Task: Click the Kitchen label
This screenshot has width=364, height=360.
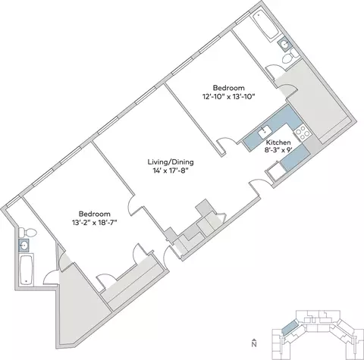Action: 278,142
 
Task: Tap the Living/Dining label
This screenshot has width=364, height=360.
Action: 171,161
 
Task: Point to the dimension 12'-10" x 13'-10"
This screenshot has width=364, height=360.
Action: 228,97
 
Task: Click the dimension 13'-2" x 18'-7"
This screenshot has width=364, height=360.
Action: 95,223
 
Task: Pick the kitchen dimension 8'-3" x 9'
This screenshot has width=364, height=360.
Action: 279,150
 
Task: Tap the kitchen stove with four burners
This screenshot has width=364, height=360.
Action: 302,133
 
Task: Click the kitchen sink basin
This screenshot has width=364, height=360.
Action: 265,131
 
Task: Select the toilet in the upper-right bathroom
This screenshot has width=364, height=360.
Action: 290,57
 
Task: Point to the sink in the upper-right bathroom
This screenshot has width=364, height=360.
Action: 285,45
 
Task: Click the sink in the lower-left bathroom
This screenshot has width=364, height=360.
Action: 24,245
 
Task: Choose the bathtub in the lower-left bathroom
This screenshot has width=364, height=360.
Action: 27,270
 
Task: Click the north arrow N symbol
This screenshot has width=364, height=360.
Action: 254,343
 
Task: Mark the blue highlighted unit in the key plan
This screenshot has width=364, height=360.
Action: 290,327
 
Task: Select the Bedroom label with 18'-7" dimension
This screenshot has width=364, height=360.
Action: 95,214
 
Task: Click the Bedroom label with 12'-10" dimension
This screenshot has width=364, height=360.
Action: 229,88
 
